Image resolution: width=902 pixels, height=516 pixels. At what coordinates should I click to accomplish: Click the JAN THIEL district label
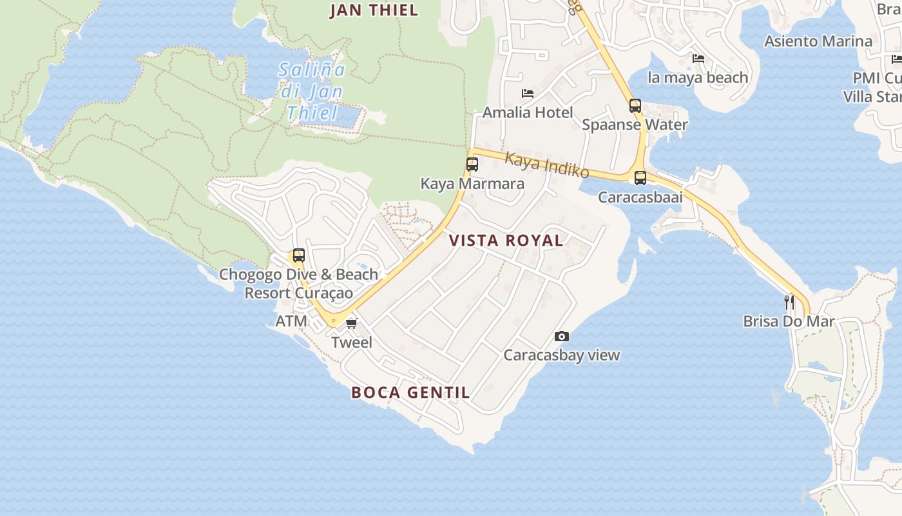point(374,10)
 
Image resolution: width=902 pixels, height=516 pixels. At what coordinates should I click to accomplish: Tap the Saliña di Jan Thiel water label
point(312,91)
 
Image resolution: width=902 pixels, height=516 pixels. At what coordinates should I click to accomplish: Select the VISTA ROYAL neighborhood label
point(506,241)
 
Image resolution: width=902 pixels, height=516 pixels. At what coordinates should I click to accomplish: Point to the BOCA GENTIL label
point(410,392)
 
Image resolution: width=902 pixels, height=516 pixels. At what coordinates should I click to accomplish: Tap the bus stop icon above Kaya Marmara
point(472,164)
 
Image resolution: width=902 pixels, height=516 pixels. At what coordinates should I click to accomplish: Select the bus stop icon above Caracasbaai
point(640,178)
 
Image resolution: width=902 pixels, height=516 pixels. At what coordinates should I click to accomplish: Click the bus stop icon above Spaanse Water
point(635,106)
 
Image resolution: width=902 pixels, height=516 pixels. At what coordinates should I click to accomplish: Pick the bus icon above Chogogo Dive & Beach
point(298,255)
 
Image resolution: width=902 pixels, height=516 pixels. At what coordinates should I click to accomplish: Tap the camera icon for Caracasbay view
point(562,337)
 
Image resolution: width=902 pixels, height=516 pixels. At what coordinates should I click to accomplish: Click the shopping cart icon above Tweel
point(351,323)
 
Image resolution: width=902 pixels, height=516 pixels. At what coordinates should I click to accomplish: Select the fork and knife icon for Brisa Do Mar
point(789,302)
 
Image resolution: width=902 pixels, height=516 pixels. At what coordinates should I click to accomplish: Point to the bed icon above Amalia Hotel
point(528,94)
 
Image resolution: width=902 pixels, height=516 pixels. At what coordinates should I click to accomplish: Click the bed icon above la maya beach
point(698,59)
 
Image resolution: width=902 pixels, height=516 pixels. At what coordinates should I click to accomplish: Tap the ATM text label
point(291,321)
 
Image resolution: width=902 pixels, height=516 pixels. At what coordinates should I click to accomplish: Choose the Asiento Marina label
point(818,41)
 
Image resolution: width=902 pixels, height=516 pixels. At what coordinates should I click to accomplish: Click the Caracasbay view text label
point(561,355)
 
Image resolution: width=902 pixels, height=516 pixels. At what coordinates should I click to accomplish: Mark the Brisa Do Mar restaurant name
point(789,321)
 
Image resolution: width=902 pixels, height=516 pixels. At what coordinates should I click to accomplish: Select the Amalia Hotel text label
point(528,112)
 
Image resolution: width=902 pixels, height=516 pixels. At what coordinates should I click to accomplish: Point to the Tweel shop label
point(352,342)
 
